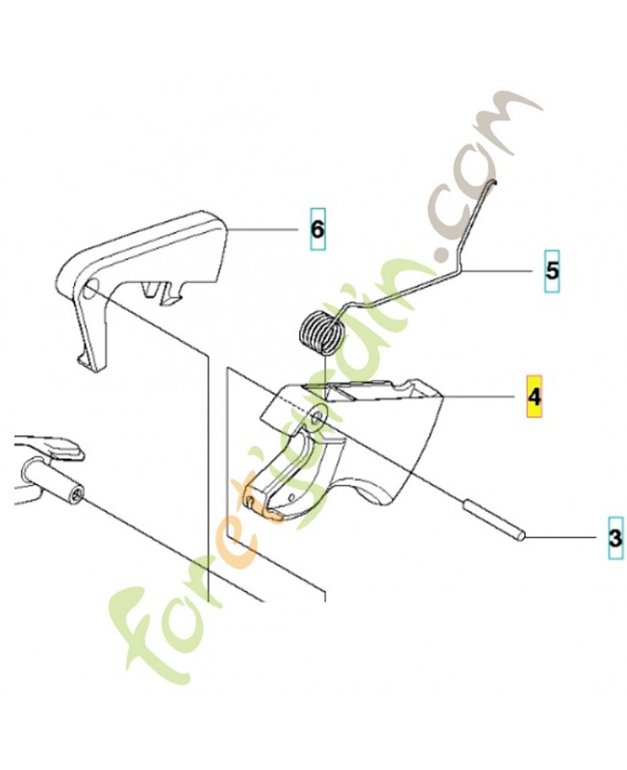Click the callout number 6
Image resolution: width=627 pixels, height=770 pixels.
click(317, 229)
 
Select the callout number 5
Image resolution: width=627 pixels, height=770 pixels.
click(551, 271)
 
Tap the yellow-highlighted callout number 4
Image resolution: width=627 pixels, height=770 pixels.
click(534, 395)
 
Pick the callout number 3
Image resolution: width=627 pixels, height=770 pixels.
click(614, 537)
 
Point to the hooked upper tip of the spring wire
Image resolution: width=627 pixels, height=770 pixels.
click(491, 189)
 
